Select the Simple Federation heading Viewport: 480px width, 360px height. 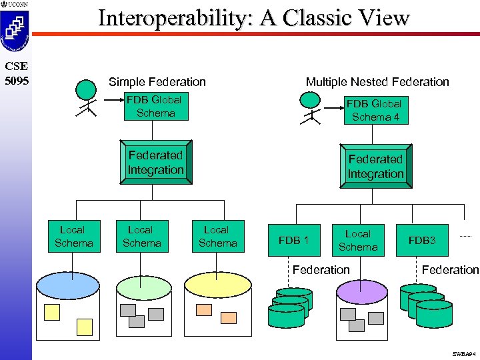click(157, 81)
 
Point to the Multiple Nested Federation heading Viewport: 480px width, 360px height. click(377, 81)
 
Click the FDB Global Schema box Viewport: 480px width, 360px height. click(156, 107)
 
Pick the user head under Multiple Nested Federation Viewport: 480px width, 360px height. click(310, 99)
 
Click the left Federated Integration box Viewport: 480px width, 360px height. click(155, 163)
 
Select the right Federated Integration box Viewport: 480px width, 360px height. click(375, 167)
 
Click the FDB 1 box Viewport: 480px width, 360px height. click(294, 240)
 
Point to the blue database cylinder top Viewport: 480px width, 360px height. click(68, 285)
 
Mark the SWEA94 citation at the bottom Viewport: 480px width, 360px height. click(463, 353)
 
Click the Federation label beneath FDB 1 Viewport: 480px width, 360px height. click(321, 269)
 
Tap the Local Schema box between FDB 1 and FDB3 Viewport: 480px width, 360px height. click(358, 240)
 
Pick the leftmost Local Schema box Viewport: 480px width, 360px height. click(73, 236)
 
